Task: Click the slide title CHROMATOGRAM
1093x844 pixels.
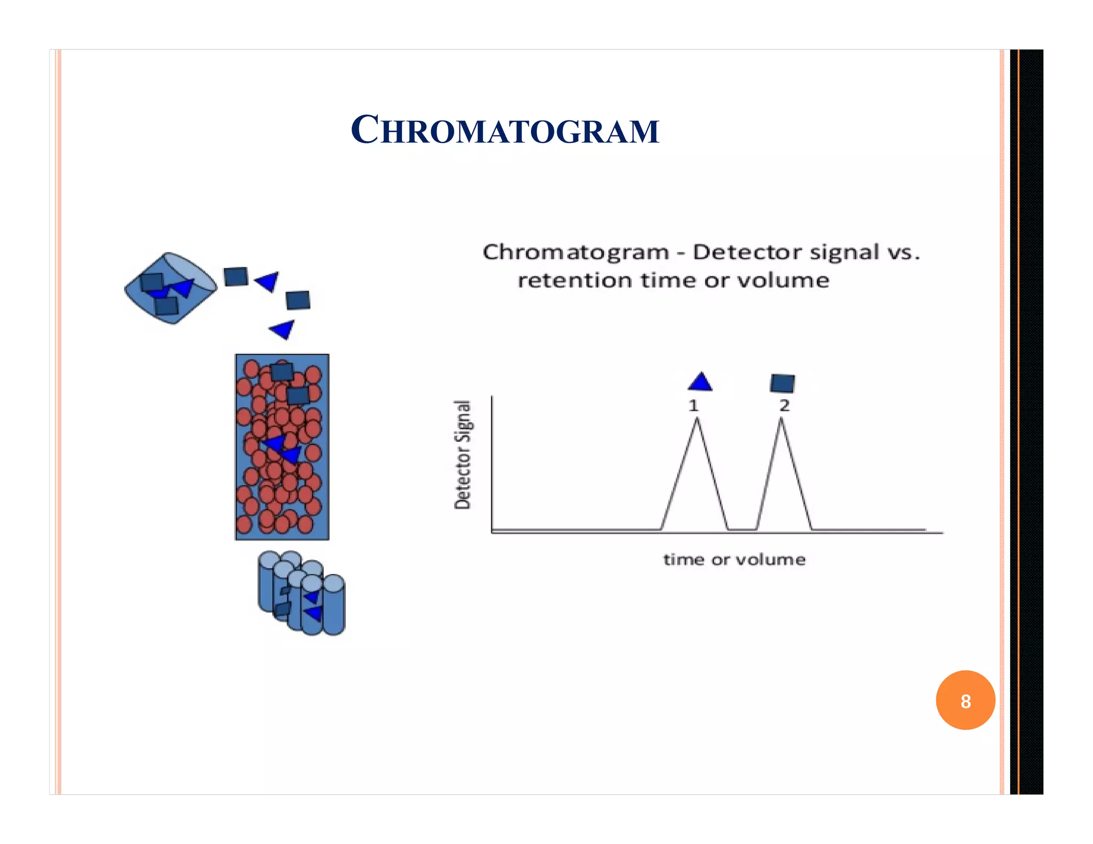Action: pyautogui.click(x=505, y=131)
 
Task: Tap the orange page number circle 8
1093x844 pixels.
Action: pyautogui.click(x=965, y=700)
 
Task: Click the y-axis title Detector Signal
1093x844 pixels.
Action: pyautogui.click(x=463, y=455)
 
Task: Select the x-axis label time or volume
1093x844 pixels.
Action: pyautogui.click(x=734, y=560)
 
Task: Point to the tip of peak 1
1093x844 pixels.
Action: pyautogui.click(x=696, y=420)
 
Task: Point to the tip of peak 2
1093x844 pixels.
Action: pyautogui.click(x=781, y=420)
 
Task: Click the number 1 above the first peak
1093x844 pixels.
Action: pyautogui.click(x=693, y=406)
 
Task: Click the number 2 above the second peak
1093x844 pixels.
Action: pyautogui.click(x=784, y=405)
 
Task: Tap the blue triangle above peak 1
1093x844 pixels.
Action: pyautogui.click(x=700, y=383)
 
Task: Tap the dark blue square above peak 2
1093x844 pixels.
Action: pyautogui.click(x=782, y=383)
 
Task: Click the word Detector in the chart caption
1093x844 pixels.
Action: pyautogui.click(x=734, y=252)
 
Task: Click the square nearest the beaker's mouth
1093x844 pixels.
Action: pyautogui.click(x=235, y=276)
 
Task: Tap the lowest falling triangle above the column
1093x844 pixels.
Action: pyautogui.click(x=283, y=329)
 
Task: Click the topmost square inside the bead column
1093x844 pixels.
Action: pyautogui.click(x=282, y=371)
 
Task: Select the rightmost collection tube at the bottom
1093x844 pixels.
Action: pyautogui.click(x=334, y=606)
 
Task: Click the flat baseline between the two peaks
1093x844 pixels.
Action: pyautogui.click(x=742, y=529)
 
